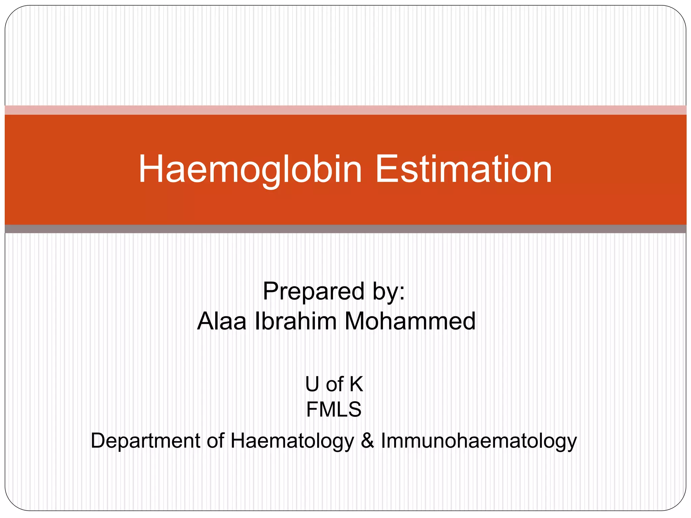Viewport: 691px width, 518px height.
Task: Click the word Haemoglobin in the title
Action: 250,169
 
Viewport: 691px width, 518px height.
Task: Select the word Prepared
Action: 313,291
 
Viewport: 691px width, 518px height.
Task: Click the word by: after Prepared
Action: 388,291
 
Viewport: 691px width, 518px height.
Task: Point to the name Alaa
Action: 222,321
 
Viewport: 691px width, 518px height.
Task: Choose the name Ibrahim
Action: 296,321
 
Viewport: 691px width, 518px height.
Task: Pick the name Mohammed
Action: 410,321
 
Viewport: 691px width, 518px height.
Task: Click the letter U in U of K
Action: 312,384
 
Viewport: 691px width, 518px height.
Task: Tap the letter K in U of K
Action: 356,384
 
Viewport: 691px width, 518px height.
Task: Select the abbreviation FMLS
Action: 334,409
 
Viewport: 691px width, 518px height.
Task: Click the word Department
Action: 145,441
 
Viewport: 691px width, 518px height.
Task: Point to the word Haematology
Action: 292,441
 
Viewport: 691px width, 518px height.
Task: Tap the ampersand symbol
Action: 367,441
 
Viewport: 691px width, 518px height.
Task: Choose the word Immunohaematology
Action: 479,441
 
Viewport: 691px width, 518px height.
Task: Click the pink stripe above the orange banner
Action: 345,110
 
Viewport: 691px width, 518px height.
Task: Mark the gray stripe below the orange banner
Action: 345,229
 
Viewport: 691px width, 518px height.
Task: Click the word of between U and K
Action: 334,384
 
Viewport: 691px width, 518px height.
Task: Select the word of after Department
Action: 216,441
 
